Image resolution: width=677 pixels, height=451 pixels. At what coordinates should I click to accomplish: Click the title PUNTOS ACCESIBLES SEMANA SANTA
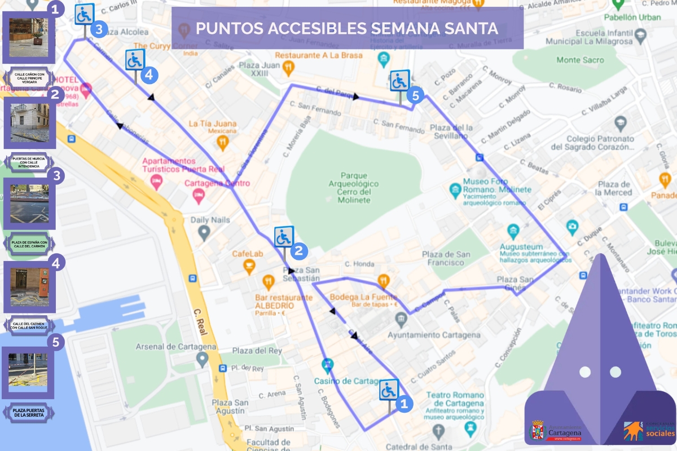tap(347, 28)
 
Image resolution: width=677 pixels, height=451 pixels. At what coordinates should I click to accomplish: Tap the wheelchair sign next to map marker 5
tap(399, 81)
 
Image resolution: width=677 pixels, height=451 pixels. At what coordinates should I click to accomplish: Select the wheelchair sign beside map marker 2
tap(284, 237)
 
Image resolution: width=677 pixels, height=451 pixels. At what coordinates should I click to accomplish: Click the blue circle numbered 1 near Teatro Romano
tap(403, 403)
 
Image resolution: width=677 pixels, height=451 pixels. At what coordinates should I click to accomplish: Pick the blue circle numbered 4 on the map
tap(148, 74)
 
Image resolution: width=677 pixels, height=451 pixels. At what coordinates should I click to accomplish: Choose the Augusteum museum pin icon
tap(513, 231)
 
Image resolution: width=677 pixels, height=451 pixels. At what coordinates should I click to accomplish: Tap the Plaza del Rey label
tap(261, 351)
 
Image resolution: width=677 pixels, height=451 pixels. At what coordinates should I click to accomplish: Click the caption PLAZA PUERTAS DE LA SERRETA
tap(29, 412)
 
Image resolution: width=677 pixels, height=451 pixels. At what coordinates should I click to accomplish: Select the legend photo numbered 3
tap(29, 204)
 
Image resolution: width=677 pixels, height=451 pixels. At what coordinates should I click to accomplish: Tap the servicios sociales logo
tap(649, 430)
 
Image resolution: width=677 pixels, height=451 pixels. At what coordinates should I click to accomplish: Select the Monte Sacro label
tap(580, 60)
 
